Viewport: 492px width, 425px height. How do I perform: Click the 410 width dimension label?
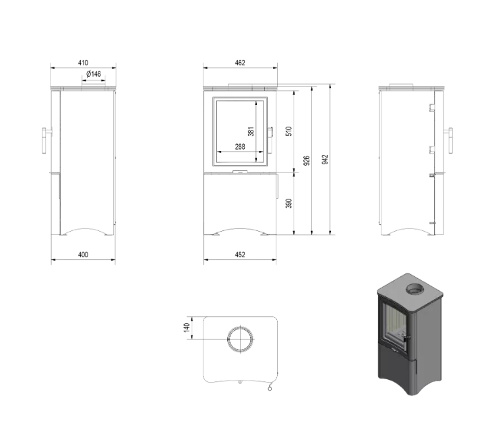84,62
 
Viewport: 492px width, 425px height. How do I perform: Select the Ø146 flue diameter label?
93,74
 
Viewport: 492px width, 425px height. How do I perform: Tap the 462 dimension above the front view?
240,63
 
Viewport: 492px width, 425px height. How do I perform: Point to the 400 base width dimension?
83,255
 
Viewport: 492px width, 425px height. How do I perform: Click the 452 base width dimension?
240,255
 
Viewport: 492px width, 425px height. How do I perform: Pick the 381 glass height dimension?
250,132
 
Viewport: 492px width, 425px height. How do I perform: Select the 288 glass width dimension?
240,147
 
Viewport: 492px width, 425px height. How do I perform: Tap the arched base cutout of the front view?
239,230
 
